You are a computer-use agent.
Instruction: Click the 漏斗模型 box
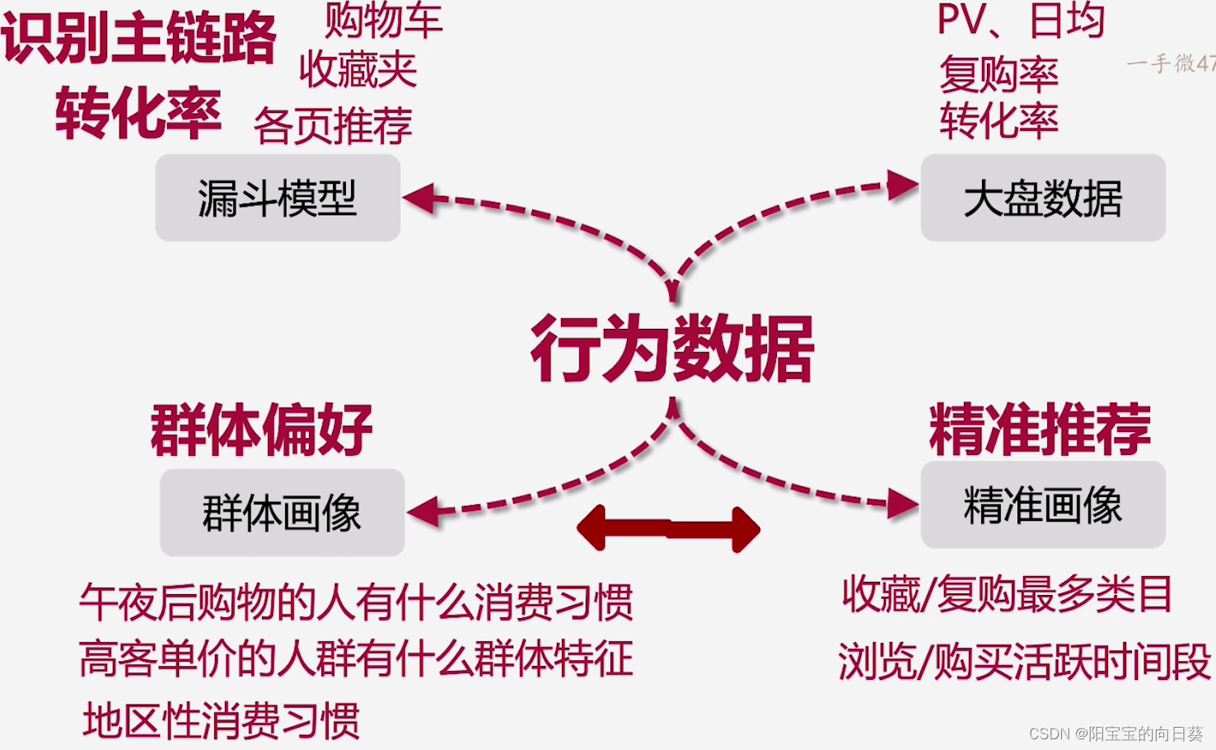coord(278,198)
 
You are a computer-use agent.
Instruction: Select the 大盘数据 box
coord(1042,198)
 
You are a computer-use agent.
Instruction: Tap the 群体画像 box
coord(282,513)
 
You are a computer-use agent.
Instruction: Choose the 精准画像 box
coord(1042,504)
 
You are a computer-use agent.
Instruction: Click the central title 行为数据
coord(672,349)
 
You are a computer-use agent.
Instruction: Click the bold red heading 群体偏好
coord(262,429)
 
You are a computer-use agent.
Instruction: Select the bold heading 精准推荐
coord(1040,429)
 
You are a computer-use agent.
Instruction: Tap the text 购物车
coord(383,20)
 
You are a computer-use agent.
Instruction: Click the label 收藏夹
coord(358,69)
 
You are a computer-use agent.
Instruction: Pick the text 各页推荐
coord(333,126)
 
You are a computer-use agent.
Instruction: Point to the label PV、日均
coord(1021,21)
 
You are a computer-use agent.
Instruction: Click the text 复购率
coord(999,74)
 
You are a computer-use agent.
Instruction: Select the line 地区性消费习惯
coord(221,720)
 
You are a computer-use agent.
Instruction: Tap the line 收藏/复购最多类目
coord(1007,593)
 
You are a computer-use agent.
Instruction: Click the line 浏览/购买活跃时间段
coord(1024,661)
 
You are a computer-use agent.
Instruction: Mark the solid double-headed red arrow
coord(668,528)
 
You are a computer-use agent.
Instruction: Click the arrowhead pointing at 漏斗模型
coord(419,199)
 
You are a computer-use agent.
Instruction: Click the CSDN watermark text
coord(1115,733)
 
